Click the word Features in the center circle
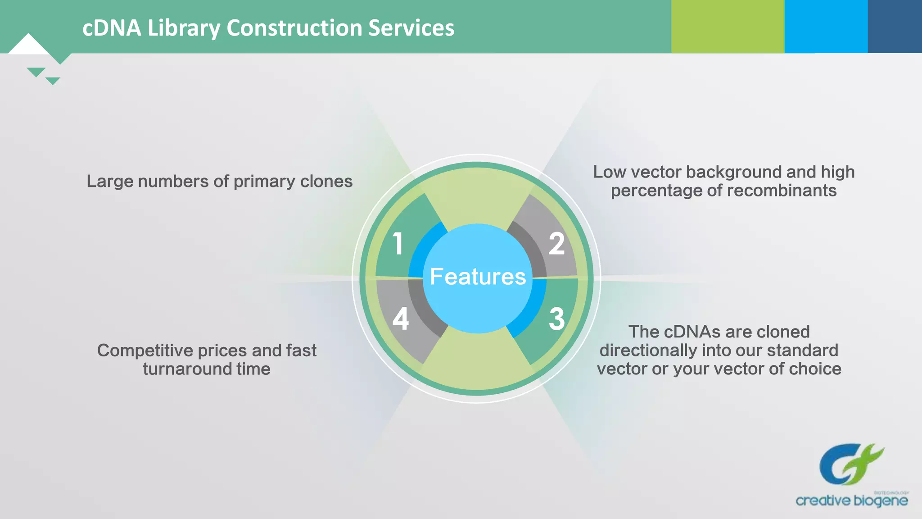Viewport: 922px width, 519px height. (x=478, y=277)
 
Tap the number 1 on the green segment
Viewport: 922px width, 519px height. (x=398, y=244)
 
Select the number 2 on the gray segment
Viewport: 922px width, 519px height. (x=556, y=244)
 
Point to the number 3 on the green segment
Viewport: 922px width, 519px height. (x=557, y=319)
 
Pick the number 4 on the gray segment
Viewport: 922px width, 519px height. (x=400, y=319)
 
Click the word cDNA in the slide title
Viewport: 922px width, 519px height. (x=112, y=28)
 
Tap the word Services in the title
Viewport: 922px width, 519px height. (x=411, y=28)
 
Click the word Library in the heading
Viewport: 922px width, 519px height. (x=184, y=28)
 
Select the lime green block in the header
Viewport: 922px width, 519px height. (x=728, y=26)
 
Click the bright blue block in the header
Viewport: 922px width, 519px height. (x=826, y=26)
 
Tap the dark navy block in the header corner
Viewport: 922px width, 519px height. (x=895, y=26)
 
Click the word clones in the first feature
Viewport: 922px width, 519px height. (x=326, y=181)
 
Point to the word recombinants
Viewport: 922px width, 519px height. (x=782, y=191)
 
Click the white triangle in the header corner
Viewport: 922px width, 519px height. (x=28, y=45)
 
